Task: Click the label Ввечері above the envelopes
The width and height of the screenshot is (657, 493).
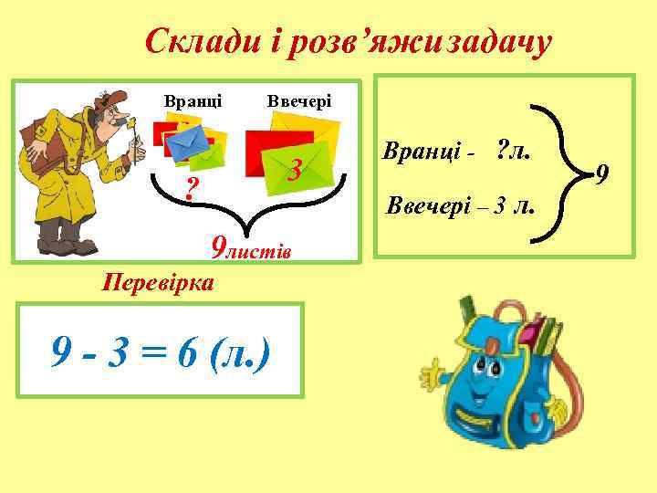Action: [x=299, y=100]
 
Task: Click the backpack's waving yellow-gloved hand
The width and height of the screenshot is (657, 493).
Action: [x=431, y=372]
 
